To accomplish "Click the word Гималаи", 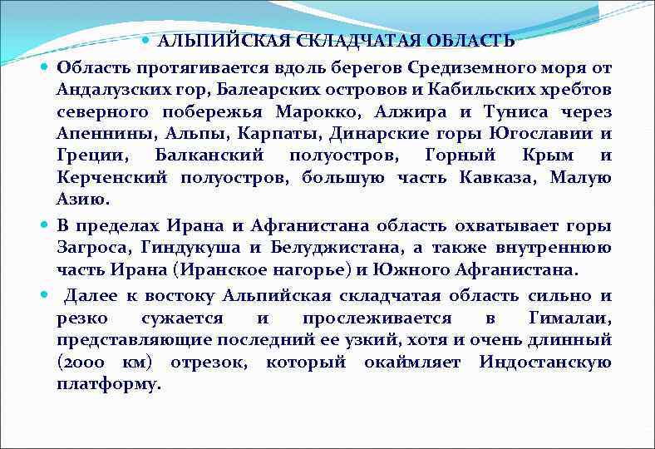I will point(569,318).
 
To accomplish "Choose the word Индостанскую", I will point(545,363).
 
